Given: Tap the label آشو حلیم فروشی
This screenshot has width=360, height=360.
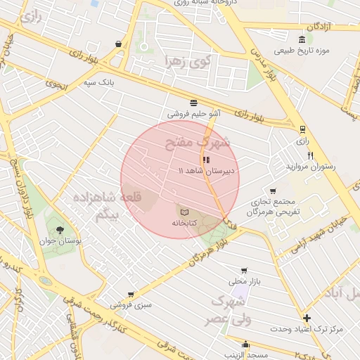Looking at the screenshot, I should tap(194, 112).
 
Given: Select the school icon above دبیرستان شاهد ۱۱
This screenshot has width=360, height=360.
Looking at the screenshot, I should tap(206, 160).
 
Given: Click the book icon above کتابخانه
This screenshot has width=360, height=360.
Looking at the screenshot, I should tap(184, 212).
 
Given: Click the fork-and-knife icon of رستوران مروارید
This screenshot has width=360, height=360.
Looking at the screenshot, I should tap(309, 155).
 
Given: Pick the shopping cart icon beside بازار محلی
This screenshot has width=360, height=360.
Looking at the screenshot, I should tap(244, 271).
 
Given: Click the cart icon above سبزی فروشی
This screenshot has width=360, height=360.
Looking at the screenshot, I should tap(130, 295).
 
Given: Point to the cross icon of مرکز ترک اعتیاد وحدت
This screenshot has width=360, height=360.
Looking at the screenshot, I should tap(307, 318).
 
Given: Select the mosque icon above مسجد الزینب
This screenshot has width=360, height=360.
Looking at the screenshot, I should tap(245, 345).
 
